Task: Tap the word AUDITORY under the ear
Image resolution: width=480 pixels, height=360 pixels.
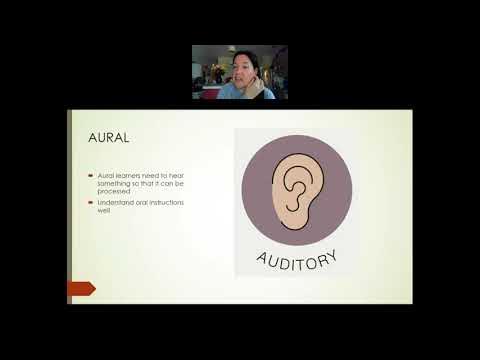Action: point(297,257)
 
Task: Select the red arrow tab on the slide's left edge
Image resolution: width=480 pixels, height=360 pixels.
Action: point(81,288)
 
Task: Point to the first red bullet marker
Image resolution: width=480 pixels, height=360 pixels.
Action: point(88,175)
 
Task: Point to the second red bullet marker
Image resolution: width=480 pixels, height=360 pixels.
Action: point(88,203)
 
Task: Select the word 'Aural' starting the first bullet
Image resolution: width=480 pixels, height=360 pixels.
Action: point(104,175)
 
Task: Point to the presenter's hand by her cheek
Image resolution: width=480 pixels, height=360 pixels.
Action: point(257,86)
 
